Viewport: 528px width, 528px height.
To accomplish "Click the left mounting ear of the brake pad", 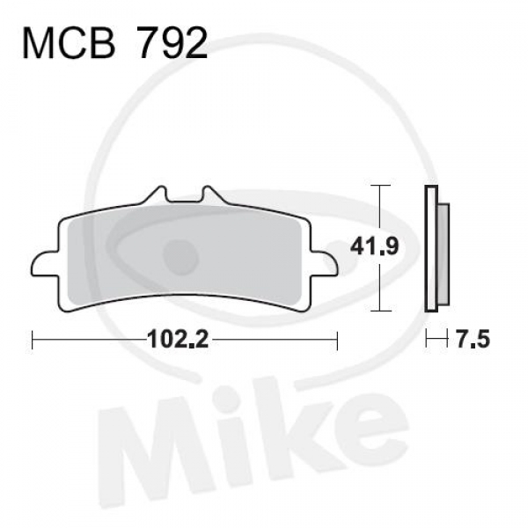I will point(42,261).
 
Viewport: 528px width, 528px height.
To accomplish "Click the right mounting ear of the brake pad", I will point(326,261).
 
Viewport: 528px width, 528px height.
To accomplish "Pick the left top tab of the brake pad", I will point(158,194).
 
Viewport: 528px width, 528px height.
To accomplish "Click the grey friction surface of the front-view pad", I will point(185,255).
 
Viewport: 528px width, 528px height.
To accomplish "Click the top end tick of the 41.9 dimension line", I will point(378,186).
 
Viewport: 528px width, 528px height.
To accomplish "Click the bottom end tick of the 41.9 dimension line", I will point(378,312).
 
